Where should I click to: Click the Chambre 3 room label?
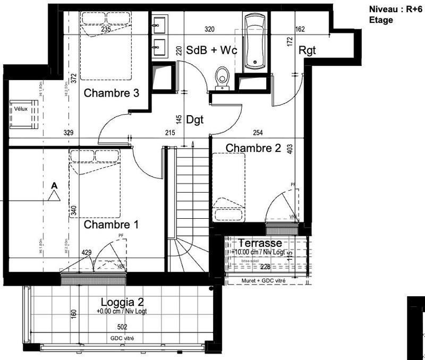click(x=112, y=93)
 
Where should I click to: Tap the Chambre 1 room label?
click(x=112, y=225)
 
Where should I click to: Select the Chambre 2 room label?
click(x=253, y=148)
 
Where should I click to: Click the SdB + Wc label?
click(x=211, y=50)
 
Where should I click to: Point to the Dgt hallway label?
click(x=195, y=119)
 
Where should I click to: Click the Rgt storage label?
click(x=308, y=51)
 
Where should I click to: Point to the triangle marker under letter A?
click(x=54, y=196)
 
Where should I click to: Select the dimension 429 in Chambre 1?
click(x=87, y=253)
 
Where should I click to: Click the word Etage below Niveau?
click(x=380, y=20)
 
